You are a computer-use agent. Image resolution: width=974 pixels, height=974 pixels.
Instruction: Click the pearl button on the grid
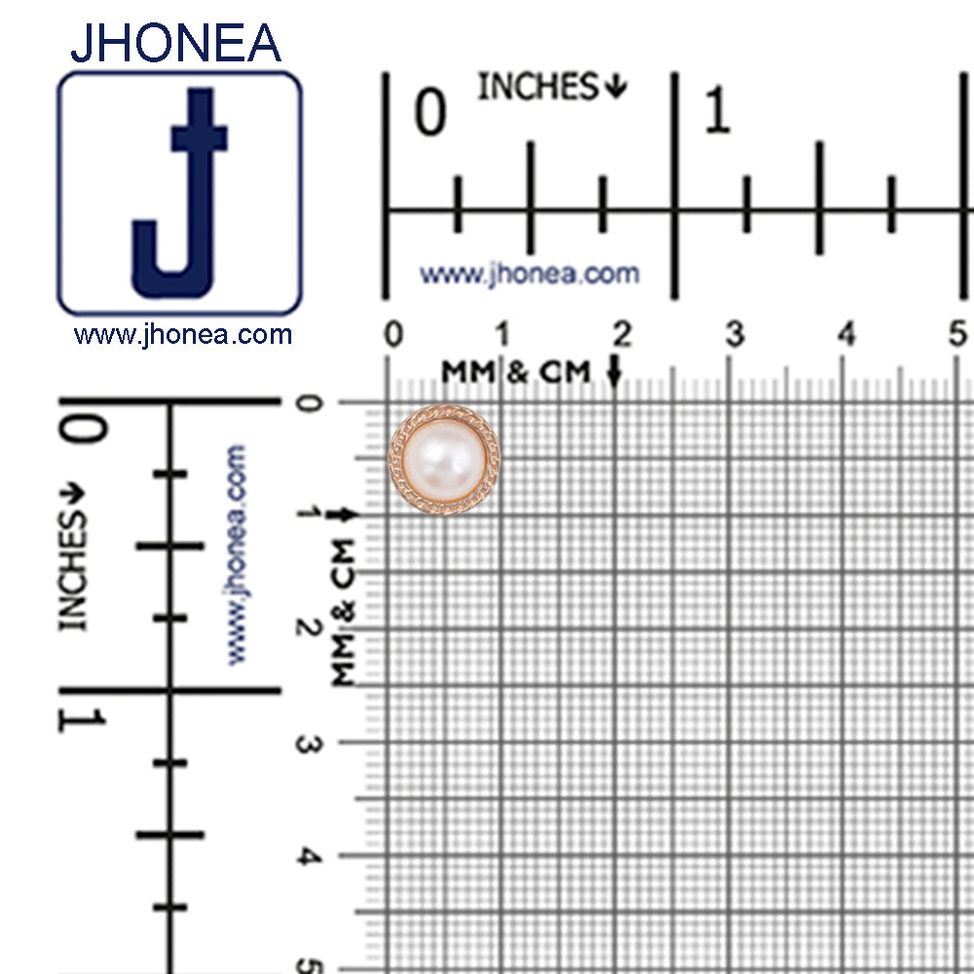(x=444, y=460)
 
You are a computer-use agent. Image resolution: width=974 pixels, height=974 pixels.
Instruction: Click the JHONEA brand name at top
(x=175, y=43)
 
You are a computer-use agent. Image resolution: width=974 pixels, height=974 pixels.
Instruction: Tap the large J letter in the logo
(x=180, y=193)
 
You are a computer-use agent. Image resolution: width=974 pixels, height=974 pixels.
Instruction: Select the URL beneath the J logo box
(x=183, y=335)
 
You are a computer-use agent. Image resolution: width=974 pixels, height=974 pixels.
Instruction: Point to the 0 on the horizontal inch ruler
(x=431, y=111)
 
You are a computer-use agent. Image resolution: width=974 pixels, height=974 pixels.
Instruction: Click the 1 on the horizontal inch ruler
(x=718, y=110)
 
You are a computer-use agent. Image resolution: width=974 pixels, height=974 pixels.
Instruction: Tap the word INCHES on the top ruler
(x=538, y=87)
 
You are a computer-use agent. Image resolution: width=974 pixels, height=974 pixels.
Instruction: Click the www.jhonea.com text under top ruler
(x=529, y=274)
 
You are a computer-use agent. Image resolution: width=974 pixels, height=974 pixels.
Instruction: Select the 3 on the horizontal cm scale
(x=734, y=334)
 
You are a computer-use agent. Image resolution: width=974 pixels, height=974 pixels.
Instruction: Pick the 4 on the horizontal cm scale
(x=846, y=334)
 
